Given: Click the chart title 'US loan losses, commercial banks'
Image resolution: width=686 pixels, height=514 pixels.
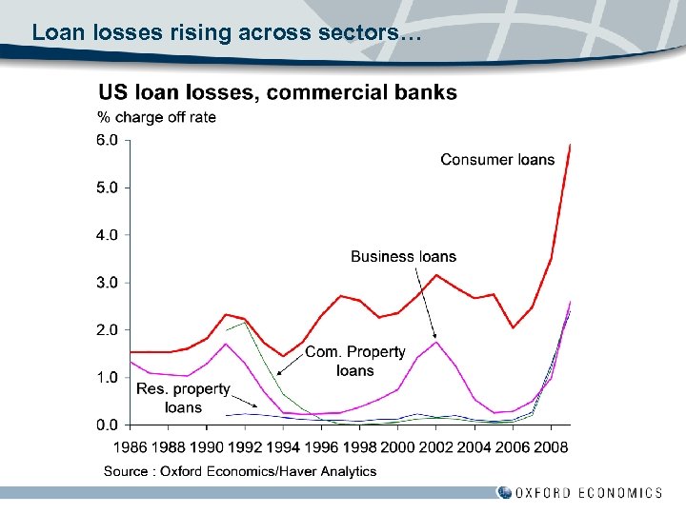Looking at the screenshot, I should (x=278, y=92).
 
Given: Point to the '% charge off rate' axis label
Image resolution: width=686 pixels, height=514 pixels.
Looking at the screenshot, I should (x=157, y=117).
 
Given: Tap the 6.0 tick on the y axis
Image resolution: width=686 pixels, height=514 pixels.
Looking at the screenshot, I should (x=108, y=140).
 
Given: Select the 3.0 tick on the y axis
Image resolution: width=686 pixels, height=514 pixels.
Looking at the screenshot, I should (x=108, y=283).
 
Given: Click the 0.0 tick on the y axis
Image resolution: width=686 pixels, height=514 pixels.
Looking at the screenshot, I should (x=108, y=425).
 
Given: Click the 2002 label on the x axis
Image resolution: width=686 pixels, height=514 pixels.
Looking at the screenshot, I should (x=436, y=446).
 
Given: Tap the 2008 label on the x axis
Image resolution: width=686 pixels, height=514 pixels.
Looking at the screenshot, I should (x=551, y=446).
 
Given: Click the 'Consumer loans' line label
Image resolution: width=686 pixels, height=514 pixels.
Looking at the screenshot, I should (x=497, y=159).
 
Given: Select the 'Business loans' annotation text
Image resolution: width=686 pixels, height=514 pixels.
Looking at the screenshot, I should (x=403, y=256).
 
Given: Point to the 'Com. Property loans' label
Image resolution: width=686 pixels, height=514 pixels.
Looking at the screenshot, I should (x=354, y=361).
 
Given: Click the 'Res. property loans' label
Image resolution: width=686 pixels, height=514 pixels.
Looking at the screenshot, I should (x=183, y=398).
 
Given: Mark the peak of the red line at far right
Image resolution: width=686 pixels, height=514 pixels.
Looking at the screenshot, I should (x=570, y=145).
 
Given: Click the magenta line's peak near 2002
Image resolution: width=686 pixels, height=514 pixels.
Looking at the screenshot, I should (x=436, y=342).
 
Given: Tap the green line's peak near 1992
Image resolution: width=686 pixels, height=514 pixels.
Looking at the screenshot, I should (x=245, y=323).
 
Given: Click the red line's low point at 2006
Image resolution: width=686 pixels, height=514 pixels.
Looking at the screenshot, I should (x=513, y=327).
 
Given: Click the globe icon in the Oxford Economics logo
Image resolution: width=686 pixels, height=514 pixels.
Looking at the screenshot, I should (x=503, y=492).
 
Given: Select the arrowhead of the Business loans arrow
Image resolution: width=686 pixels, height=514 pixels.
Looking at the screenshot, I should (x=434, y=337).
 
